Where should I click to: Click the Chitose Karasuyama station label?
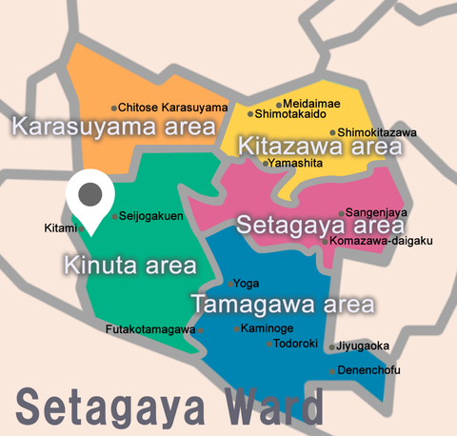pyautogui.click(x=173, y=108)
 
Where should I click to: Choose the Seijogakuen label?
pyautogui.click(x=150, y=216)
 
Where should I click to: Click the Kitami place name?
pyautogui.click(x=60, y=228)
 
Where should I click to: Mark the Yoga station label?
pyautogui.click(x=246, y=284)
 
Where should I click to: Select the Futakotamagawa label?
pyautogui.click(x=150, y=330)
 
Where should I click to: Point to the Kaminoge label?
pyautogui.click(x=267, y=328)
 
